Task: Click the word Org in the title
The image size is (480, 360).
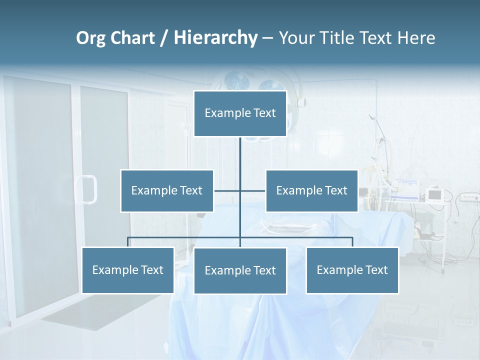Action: pos(91,38)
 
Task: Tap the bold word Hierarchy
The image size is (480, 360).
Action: pos(215,38)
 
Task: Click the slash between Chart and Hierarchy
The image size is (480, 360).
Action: pos(164,38)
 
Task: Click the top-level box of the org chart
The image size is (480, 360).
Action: pos(240,113)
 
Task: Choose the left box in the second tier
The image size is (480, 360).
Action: pos(166,190)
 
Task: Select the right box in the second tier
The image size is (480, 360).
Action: pos(311,190)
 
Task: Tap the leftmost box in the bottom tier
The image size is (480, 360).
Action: pos(127,270)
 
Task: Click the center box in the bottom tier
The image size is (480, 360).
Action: pos(240,270)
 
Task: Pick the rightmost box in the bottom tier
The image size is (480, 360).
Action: pos(352,270)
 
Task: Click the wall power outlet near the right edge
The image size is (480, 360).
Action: pos(469,198)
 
